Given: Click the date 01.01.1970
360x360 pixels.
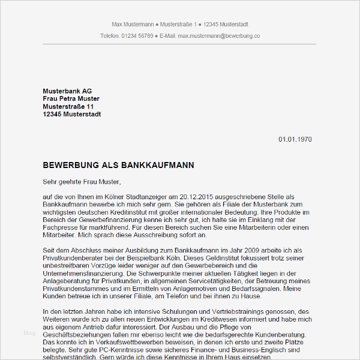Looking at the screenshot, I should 295,139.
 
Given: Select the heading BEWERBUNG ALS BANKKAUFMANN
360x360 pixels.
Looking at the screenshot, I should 119,164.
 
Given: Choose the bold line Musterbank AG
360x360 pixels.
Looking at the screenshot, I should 67,91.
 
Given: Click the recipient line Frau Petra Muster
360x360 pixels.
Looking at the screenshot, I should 71,99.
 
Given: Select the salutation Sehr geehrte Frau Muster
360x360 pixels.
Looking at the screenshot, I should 82,181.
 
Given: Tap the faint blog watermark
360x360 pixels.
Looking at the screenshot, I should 30,333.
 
